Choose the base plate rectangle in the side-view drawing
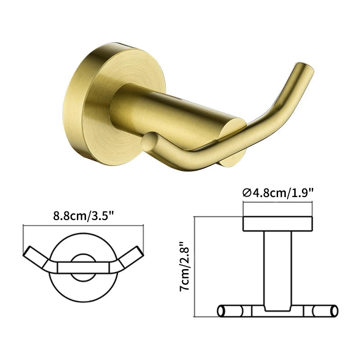point(278,224)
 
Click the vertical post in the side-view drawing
point(278,270)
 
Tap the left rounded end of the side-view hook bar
point(221,311)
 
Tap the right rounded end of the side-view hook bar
point(334,311)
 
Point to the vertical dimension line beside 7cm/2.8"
point(194,265)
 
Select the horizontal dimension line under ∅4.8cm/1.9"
point(278,202)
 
